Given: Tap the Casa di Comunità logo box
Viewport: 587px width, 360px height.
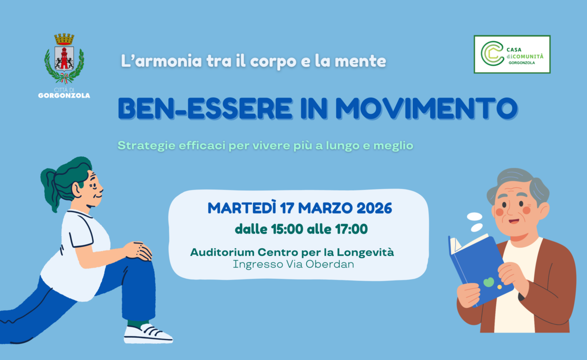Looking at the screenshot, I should coord(512,54).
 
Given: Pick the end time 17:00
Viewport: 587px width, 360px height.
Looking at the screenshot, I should coord(351,229).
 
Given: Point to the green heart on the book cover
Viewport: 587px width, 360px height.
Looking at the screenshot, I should coord(489,282).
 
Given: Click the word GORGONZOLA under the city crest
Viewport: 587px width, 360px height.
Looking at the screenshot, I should coord(64,95).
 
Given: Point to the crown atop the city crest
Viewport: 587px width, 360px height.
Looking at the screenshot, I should coord(64,39).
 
